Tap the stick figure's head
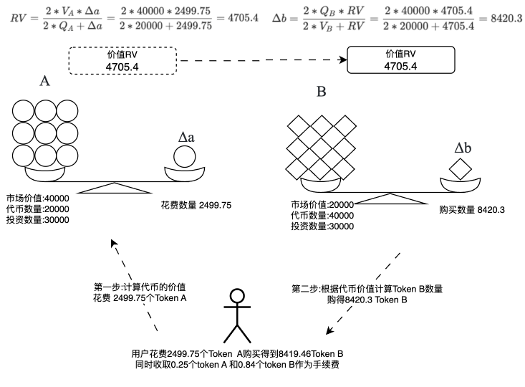pyautogui.click(x=238, y=296)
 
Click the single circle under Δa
pyautogui.click(x=183, y=156)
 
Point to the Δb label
pyautogui.click(x=463, y=148)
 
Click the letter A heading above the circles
pyautogui.click(x=44, y=82)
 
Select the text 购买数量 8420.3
pyautogui.click(x=473, y=210)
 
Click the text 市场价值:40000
pyautogui.click(x=37, y=197)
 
